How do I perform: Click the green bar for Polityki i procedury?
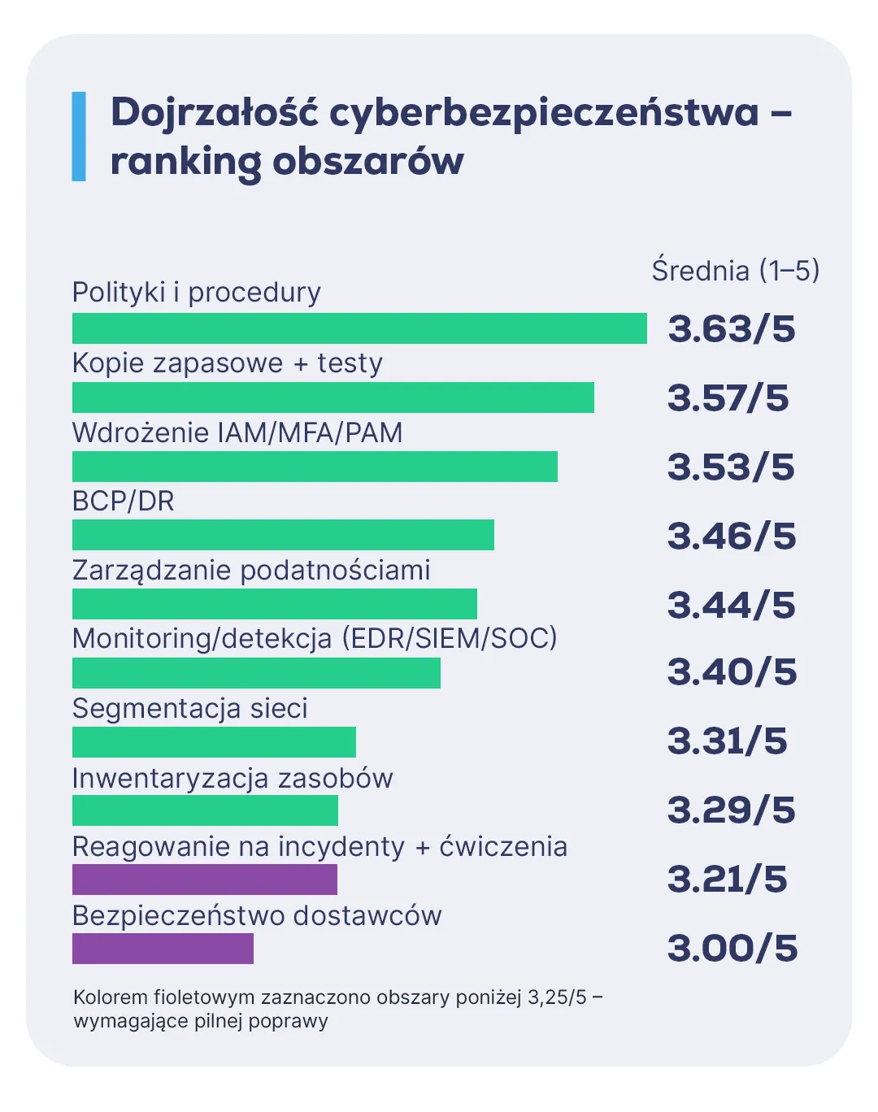[359, 328]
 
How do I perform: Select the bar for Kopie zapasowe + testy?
[333, 397]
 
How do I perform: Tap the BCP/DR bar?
[283, 535]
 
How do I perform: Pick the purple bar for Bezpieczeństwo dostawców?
[163, 949]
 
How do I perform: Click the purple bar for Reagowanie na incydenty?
[205, 880]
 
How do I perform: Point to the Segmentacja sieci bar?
[214, 742]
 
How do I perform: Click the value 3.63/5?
[732, 329]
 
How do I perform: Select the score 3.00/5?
[732, 949]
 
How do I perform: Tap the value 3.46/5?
[732, 536]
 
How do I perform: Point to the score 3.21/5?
[728, 880]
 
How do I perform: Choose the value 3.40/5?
[732, 672]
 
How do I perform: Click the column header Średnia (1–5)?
[735, 271]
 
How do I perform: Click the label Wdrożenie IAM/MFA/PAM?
[237, 432]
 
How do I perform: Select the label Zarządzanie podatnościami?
[251, 570]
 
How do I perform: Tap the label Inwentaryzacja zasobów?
[233, 778]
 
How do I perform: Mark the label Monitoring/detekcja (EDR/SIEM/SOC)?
[315, 638]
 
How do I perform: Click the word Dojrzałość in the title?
[214, 112]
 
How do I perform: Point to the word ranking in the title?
[185, 161]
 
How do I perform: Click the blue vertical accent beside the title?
[79, 136]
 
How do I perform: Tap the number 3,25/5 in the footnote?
[557, 997]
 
